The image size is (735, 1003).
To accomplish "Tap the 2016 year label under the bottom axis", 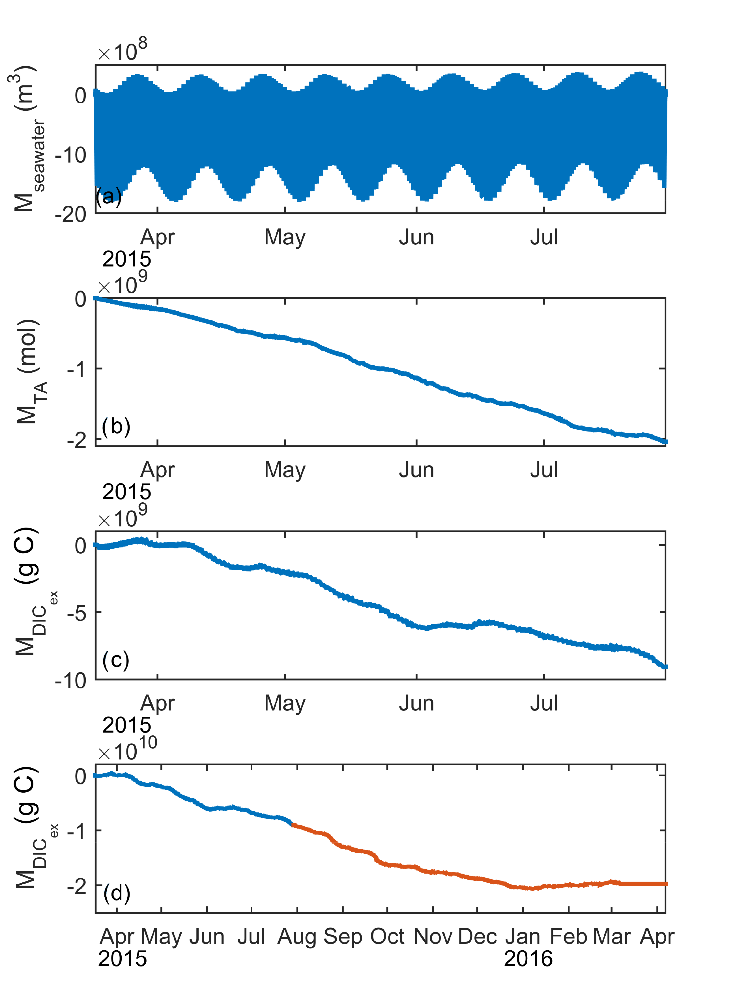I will click(528, 959).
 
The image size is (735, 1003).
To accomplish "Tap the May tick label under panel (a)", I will click(285, 237).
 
